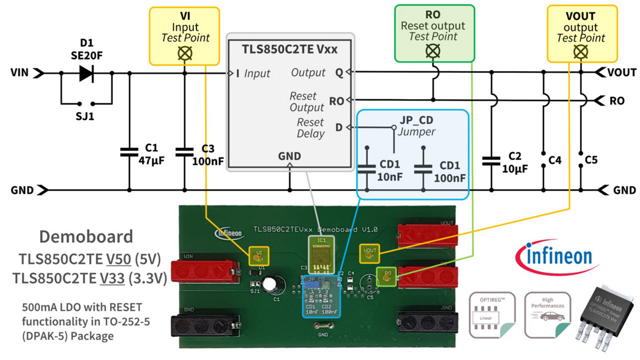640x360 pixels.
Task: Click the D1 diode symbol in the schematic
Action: pos(86,73)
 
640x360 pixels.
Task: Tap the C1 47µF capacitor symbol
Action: pos(129,151)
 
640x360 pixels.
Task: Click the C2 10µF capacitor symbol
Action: pos(491,160)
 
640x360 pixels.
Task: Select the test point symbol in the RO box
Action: pos(433,50)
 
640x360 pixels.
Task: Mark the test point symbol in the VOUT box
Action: pos(580,51)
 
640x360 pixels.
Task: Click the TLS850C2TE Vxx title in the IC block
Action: pos(289,49)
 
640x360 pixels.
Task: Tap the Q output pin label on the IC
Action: pos(339,73)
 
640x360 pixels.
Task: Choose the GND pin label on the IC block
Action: pos(289,156)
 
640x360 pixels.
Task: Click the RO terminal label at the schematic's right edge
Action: pos(617,101)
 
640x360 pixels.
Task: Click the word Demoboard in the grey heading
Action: pos(86,236)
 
